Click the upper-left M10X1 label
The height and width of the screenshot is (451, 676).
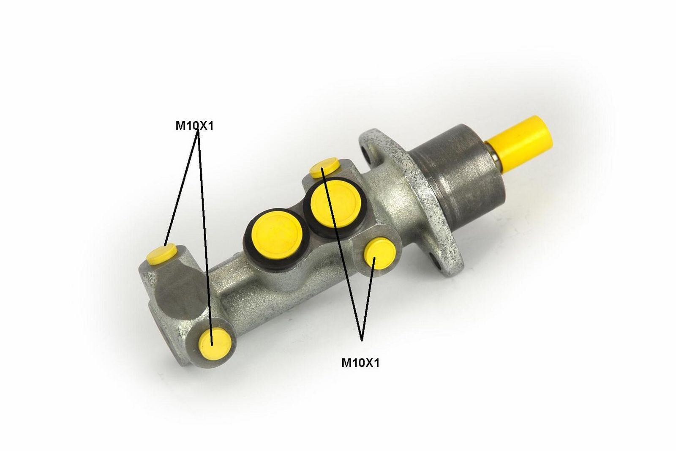tap(194, 126)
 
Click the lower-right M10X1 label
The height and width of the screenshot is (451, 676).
tap(360, 363)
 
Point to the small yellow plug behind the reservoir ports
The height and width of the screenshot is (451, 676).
tap(325, 167)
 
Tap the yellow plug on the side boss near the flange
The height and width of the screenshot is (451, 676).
tap(380, 253)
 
